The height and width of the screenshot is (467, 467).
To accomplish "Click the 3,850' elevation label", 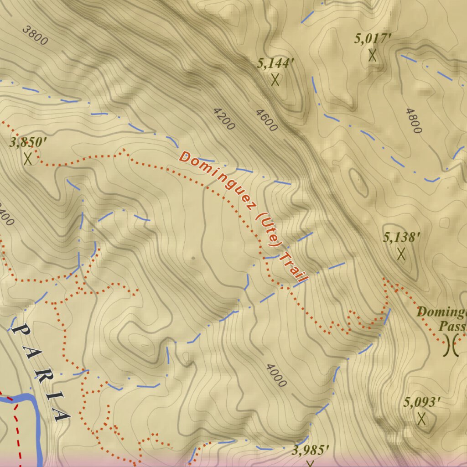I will click(x=28, y=142).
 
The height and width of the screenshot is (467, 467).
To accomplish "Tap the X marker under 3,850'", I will click(x=28, y=159).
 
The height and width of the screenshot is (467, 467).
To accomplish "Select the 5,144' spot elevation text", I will click(x=273, y=63).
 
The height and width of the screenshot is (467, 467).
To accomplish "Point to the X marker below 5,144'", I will click(x=275, y=80).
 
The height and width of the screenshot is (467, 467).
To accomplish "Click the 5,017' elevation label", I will click(x=373, y=39).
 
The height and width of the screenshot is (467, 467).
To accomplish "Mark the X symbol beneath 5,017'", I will click(x=373, y=55).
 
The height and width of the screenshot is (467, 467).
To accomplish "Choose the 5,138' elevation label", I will click(x=401, y=237).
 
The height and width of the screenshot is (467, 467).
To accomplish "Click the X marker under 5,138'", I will click(x=401, y=254).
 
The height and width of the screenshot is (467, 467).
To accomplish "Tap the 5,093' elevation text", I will click(x=422, y=402).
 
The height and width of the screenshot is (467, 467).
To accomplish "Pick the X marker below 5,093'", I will click(x=421, y=419).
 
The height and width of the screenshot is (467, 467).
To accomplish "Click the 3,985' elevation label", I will click(x=311, y=451).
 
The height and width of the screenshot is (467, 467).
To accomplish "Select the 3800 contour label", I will click(x=35, y=35).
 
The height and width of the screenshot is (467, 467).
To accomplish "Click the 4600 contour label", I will click(x=266, y=120).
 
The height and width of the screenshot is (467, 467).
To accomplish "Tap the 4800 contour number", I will click(x=413, y=120).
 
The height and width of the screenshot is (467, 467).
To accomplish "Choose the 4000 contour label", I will click(x=276, y=375).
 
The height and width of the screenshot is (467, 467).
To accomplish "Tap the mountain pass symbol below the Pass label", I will click(x=451, y=345).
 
